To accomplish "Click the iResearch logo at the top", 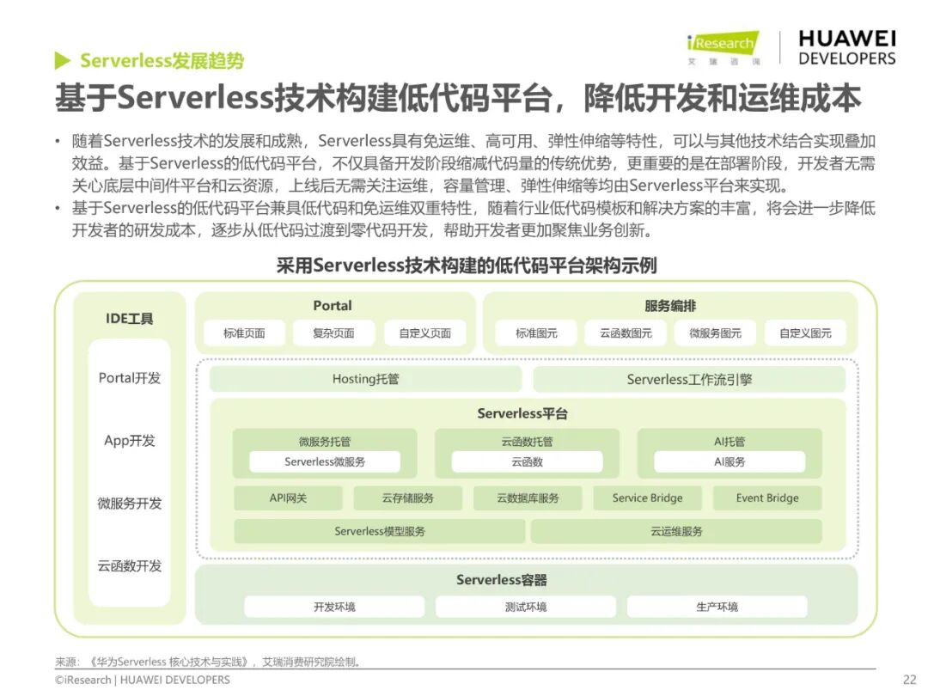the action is pyautogui.click(x=723, y=48).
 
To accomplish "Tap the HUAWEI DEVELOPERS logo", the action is pyautogui.click(x=846, y=48).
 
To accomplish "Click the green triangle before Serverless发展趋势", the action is pyautogui.click(x=62, y=61).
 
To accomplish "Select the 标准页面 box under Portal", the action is pyautogui.click(x=244, y=333).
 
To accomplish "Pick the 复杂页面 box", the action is pyautogui.click(x=333, y=333).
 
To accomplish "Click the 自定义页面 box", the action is pyautogui.click(x=424, y=333).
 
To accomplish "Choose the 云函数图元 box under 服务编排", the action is pyautogui.click(x=626, y=333).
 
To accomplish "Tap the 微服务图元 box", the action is pyautogui.click(x=715, y=333).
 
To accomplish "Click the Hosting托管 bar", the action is pyautogui.click(x=365, y=379).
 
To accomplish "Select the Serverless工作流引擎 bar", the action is pyautogui.click(x=689, y=379).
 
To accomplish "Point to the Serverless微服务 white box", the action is pyautogui.click(x=325, y=462).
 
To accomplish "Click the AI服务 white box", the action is pyautogui.click(x=730, y=462).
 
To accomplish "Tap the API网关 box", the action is pyautogui.click(x=288, y=498).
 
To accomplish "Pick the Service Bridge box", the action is pyautogui.click(x=647, y=498).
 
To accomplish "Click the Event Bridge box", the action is pyautogui.click(x=767, y=498).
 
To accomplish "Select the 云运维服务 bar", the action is pyautogui.click(x=676, y=531).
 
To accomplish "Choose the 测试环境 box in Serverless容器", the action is pyautogui.click(x=525, y=607).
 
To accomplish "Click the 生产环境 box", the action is pyautogui.click(x=717, y=607).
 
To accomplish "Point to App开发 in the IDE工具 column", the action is pyautogui.click(x=130, y=441).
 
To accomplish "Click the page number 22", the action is pyautogui.click(x=909, y=680).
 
